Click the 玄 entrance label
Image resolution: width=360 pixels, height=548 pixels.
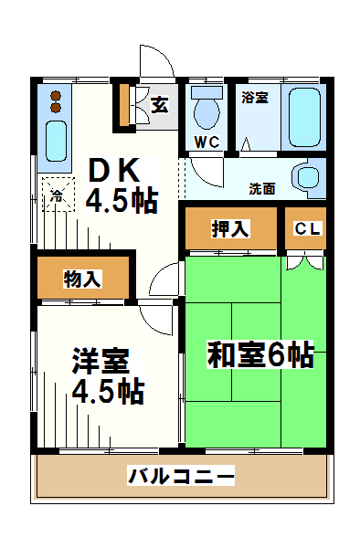160,104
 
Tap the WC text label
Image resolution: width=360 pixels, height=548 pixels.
206,142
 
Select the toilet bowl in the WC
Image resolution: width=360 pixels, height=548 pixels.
207,112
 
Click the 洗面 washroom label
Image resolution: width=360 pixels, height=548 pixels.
262,189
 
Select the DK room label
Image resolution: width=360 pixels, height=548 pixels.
114,169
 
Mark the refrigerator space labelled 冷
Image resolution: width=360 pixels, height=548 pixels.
57,195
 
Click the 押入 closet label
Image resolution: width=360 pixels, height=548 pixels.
230,229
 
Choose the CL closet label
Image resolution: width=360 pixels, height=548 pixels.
307,229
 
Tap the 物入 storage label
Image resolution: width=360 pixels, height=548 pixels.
82,279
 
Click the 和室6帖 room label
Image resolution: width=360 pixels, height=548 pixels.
260,355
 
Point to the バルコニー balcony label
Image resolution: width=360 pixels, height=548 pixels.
181,476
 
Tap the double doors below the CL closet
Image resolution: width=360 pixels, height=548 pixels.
304,263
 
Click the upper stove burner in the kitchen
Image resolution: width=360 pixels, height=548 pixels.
55,95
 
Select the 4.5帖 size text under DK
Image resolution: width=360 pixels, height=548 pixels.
122,199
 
